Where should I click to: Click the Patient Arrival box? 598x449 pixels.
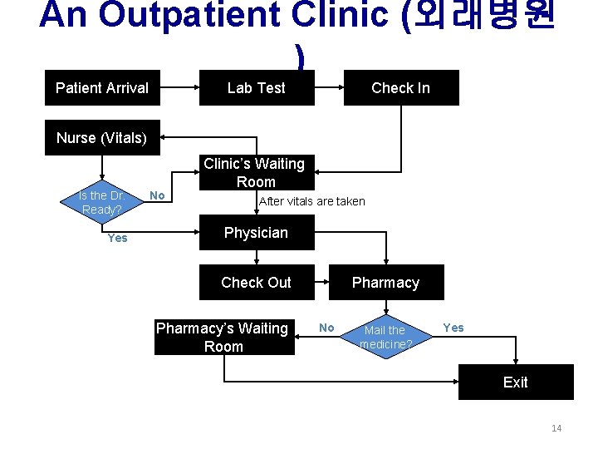tap(102, 88)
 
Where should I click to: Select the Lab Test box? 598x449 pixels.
tap(257, 88)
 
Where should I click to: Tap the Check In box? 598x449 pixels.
tap(400, 88)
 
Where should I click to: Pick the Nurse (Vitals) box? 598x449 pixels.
tap(102, 138)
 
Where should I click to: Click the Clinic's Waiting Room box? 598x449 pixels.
tap(256, 173)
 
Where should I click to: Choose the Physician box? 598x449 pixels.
tap(256, 233)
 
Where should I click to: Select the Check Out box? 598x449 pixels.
tap(256, 283)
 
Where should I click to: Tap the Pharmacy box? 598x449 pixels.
tap(385, 283)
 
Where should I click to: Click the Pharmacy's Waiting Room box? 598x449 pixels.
tap(223, 338)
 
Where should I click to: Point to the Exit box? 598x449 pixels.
tap(515, 382)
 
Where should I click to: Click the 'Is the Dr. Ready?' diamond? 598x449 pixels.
tap(101, 202)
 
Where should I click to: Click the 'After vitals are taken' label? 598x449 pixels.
tap(312, 201)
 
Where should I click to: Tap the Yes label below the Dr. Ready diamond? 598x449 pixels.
tap(118, 239)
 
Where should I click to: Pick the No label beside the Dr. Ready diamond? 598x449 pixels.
tap(156, 195)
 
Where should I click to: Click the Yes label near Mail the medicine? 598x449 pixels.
tap(453, 328)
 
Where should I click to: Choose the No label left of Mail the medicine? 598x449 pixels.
tap(326, 328)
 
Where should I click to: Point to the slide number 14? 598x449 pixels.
tap(556, 428)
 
